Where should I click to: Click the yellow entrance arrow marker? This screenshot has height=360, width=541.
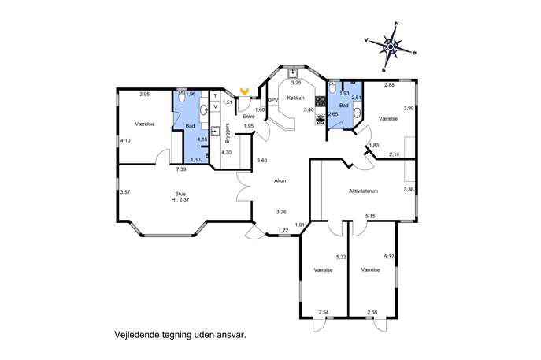pos(245,91)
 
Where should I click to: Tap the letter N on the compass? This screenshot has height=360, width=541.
pos(397,24)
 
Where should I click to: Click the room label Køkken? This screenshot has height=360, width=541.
pos(295,98)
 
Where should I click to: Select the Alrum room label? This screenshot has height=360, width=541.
pos(280,180)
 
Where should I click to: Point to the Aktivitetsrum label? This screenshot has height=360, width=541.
pos(363,191)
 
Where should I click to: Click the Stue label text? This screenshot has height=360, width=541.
pos(180,194)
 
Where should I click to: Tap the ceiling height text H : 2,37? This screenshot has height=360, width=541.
pos(180,199)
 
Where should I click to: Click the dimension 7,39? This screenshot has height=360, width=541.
pos(181,169)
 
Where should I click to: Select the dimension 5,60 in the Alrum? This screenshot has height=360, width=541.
pos(262,161)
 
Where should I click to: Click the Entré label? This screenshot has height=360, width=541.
pos(249,117)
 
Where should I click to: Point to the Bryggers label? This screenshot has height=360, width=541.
pos(227,133)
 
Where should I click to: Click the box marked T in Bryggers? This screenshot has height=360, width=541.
pos(216,95)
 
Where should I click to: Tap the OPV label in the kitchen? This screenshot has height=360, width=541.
pos(273,100)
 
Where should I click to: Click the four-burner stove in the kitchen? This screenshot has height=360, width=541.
pos(321,101)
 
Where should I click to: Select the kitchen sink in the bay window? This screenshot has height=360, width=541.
pos(293,72)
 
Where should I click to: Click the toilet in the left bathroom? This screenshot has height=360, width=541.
pos(182,96)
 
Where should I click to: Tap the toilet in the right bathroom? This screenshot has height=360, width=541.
pos(332,87)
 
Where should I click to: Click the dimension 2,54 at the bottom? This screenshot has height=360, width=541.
pos(324,313)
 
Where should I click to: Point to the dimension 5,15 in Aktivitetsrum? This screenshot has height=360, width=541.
pos(371,216)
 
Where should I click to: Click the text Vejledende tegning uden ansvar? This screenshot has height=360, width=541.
pos(180,335)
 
